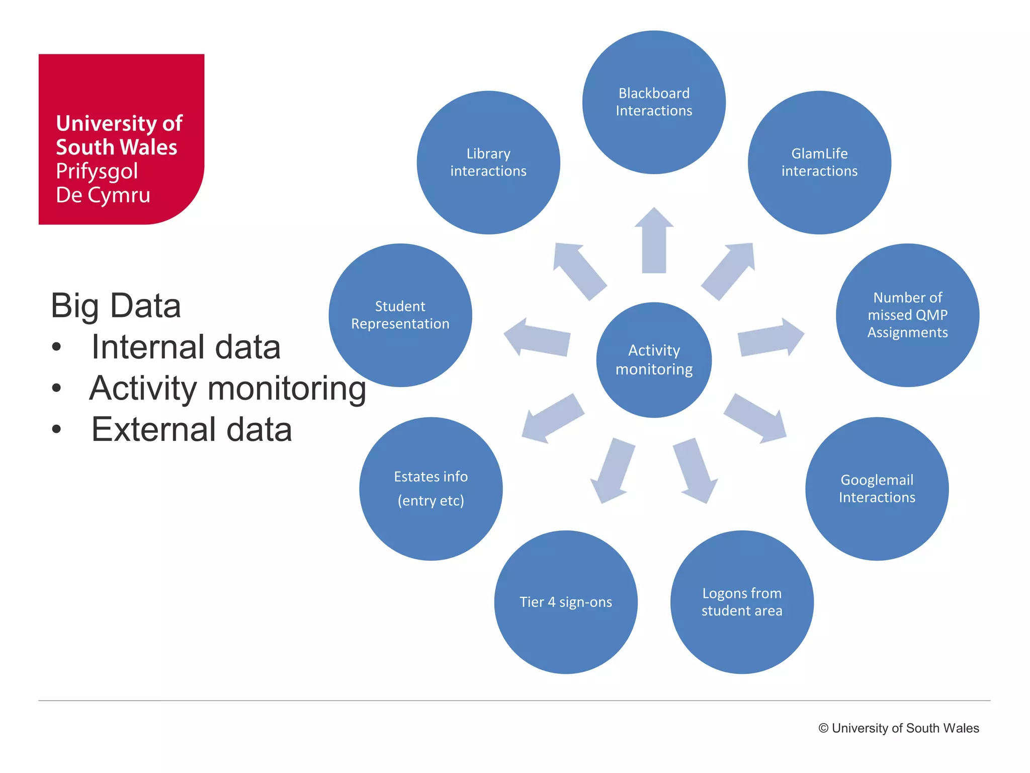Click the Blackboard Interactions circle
pyautogui.click(x=654, y=102)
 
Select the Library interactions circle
pyautogui.click(x=488, y=162)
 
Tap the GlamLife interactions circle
pyautogui.click(x=819, y=162)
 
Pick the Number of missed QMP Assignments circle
pyautogui.click(x=907, y=315)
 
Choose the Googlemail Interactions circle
pyautogui.click(x=877, y=489)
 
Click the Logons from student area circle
pyautogui.click(x=742, y=602)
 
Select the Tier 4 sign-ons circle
pyautogui.click(x=566, y=602)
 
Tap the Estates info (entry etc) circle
pyautogui.click(x=431, y=489)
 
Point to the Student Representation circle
pyautogui.click(x=400, y=315)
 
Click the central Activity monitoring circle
pyautogui.click(x=654, y=360)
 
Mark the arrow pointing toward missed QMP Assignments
pyautogui.click(x=769, y=338)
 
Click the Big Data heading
pyautogui.click(x=116, y=305)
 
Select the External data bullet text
pyautogui.click(x=191, y=429)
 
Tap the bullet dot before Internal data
pyautogui.click(x=56, y=347)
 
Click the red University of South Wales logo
pyautogui.click(x=121, y=139)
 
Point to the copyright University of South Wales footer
pyautogui.click(x=898, y=728)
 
